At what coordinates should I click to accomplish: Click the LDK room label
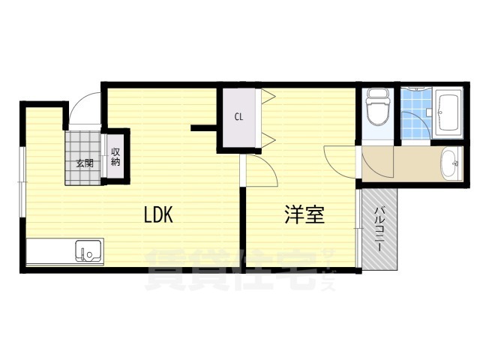pos(158,214)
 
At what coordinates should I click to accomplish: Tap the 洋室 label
pos(304,214)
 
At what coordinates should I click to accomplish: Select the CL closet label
pos(238,117)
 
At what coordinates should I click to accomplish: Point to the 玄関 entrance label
pos(85,163)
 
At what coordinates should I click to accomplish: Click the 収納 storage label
pos(115,157)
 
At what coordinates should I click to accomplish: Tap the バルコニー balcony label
pos(379,229)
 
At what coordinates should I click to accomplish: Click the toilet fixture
pos(378,106)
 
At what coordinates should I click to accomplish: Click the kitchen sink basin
pos(88,250)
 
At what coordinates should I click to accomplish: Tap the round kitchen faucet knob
pos(90,254)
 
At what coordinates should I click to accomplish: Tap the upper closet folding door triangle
pos(268,96)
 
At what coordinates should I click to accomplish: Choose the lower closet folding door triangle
pos(268,140)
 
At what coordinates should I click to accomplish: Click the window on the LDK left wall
pos(22,182)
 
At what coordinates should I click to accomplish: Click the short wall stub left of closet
pos(204,128)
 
